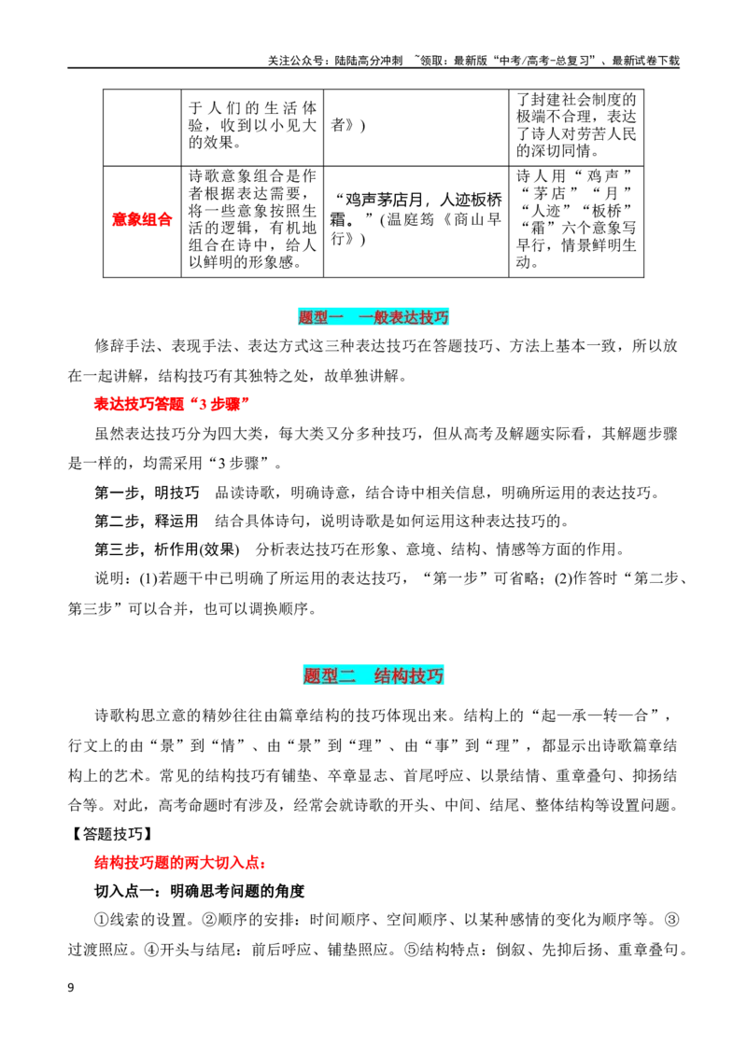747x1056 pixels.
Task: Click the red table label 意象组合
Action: (142, 219)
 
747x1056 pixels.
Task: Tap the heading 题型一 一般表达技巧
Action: (373, 317)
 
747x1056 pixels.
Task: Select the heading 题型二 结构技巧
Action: (373, 675)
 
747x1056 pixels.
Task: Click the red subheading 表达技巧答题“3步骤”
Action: (172, 404)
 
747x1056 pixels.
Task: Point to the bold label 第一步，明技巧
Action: (147, 493)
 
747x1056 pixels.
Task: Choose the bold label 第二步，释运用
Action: (147, 521)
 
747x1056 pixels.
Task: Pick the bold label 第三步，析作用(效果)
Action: (166, 549)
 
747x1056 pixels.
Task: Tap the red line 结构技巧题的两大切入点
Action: (180, 863)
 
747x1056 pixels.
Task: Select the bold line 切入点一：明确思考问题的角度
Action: (200, 892)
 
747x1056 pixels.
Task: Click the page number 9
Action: (71, 988)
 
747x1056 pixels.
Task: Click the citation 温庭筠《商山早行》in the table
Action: (439, 229)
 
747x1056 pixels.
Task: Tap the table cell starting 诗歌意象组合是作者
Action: (252, 219)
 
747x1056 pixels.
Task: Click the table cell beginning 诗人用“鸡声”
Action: (576, 219)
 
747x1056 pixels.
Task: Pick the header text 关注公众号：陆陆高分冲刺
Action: (335, 61)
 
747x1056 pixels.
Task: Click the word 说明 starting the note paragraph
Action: (108, 578)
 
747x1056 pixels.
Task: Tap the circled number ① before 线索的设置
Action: (101, 920)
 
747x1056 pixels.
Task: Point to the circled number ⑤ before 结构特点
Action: (411, 950)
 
